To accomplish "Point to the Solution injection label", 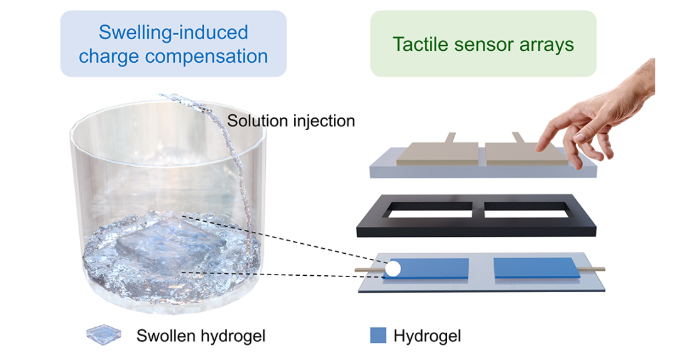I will (x=291, y=120).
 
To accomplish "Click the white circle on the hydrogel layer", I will (x=393, y=269).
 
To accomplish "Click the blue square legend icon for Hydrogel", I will (x=378, y=335).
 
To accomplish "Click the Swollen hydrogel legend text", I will (x=201, y=336).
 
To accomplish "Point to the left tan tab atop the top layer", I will (x=451, y=138).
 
